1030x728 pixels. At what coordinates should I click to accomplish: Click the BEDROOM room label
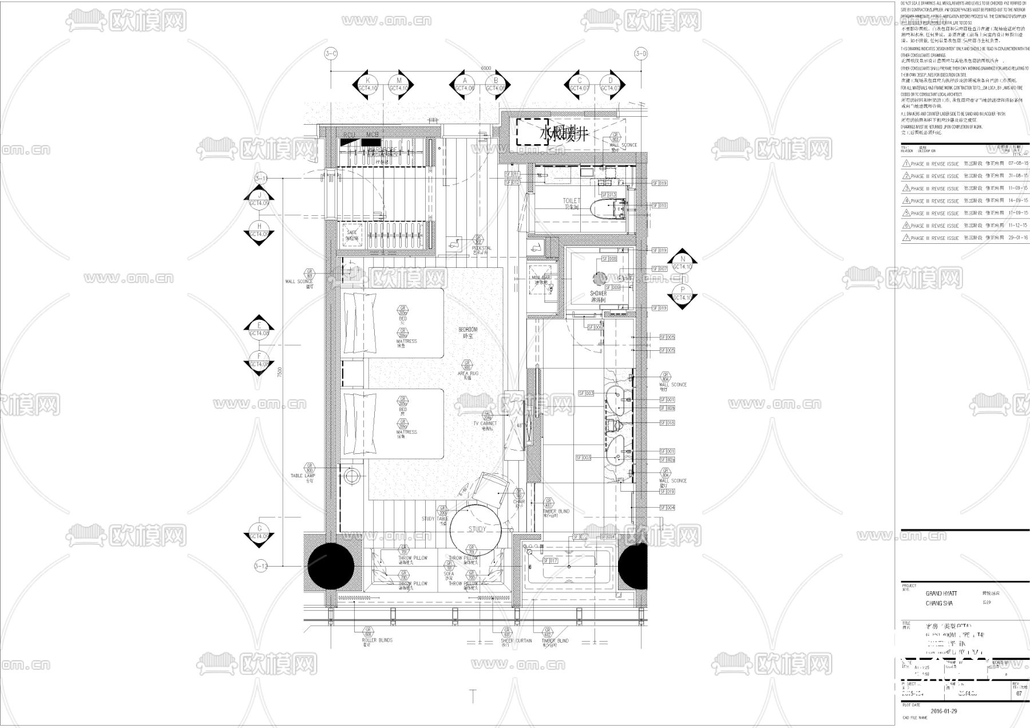[468, 330]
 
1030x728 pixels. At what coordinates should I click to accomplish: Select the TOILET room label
[572, 201]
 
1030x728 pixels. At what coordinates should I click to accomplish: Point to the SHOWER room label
[598, 293]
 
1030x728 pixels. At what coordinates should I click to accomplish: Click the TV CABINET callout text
[485, 424]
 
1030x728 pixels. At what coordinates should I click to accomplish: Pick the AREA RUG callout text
[468, 373]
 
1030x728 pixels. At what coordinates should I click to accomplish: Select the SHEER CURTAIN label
[505, 640]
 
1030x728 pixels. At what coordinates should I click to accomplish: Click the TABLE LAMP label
[303, 476]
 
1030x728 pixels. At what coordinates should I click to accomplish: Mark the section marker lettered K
[368, 85]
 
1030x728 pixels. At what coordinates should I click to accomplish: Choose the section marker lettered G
[259, 533]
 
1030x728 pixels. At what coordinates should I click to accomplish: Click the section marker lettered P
[682, 294]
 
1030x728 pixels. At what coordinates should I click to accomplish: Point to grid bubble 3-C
[331, 54]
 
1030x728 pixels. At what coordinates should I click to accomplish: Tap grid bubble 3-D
[641, 54]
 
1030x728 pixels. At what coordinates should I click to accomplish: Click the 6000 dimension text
[486, 69]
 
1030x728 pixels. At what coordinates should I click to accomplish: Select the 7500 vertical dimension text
[280, 373]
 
